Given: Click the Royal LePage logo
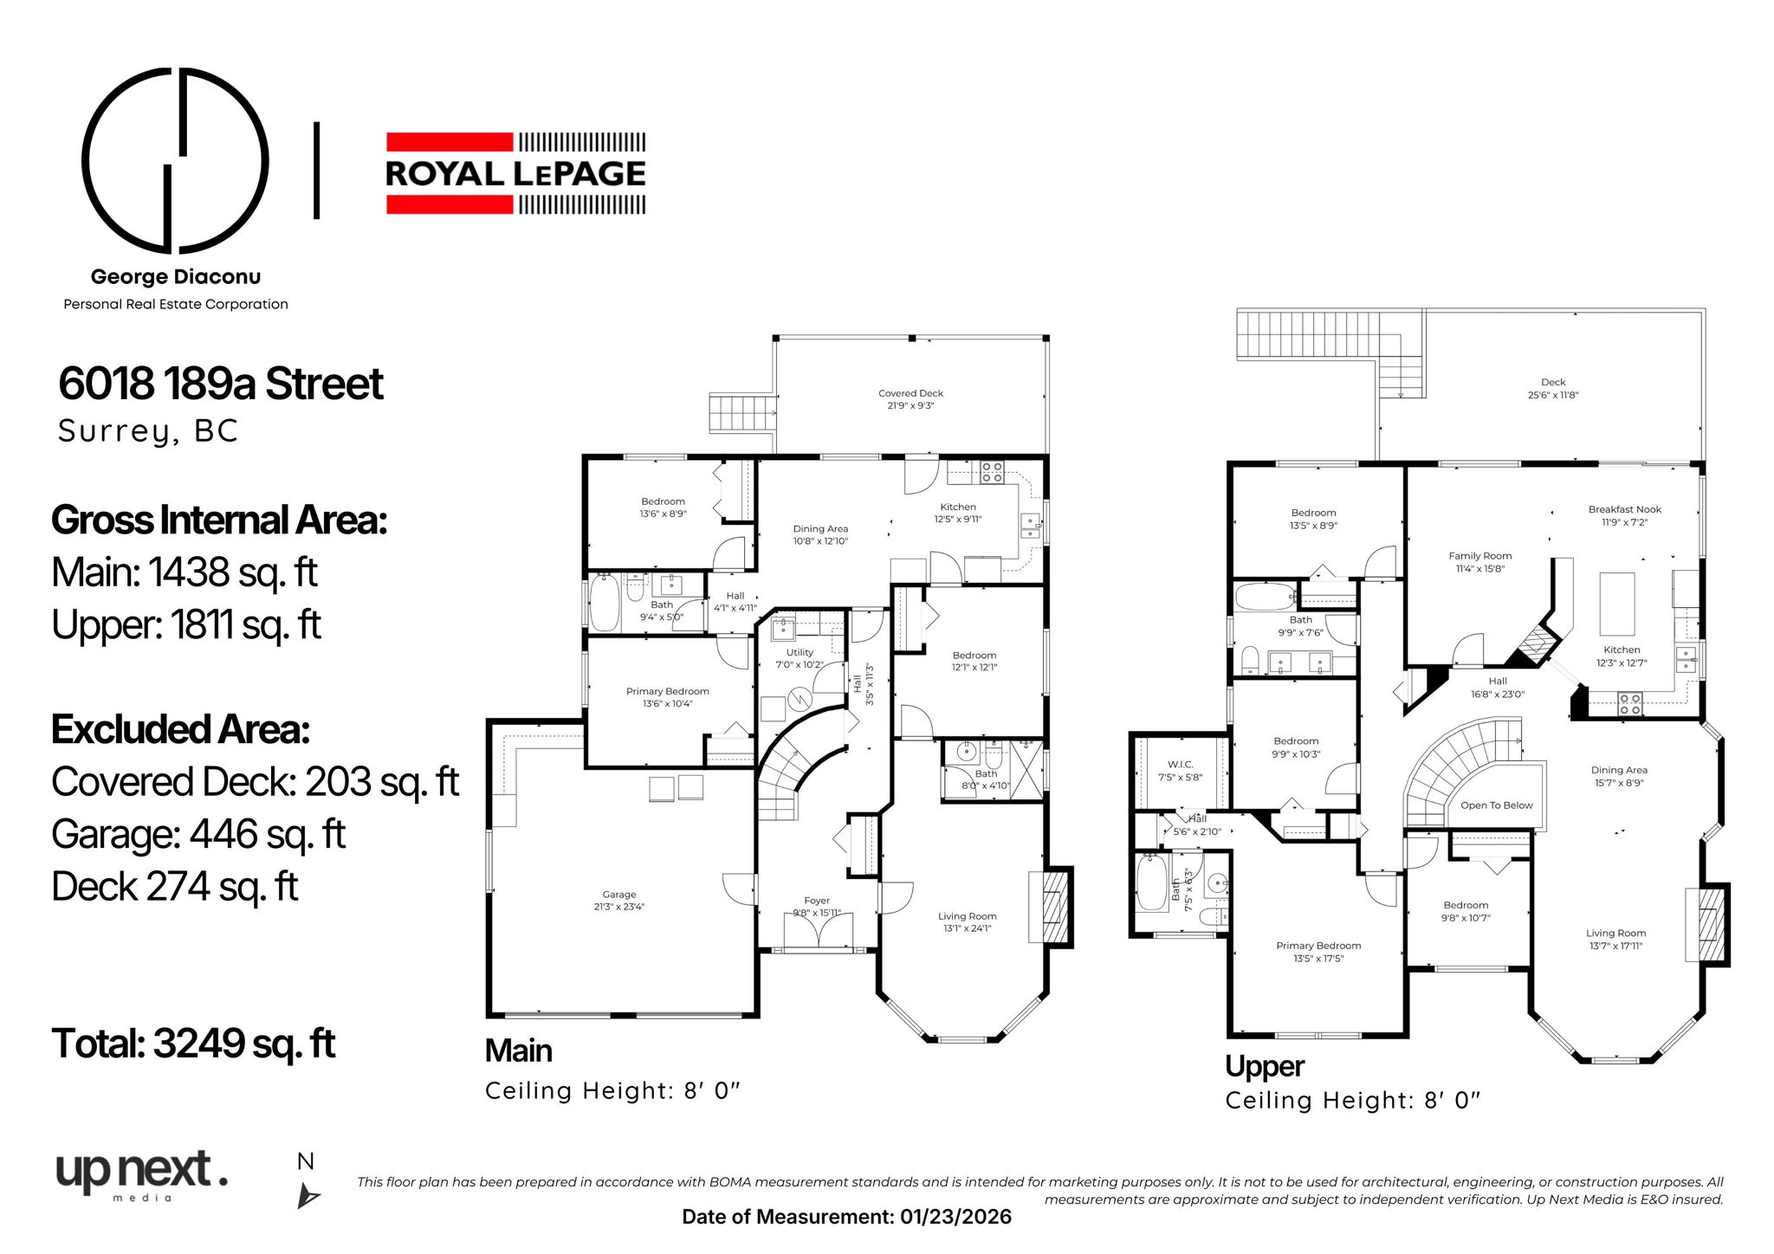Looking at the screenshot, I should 515,173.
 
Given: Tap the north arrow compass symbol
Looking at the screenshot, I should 308,1197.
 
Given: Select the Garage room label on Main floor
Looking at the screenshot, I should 619,901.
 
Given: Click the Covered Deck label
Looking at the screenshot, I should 910,399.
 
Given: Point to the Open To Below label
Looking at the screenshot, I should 1496,805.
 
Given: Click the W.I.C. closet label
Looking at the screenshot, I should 1180,771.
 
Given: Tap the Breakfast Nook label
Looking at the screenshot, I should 1624,515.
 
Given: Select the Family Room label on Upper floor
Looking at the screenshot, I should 1479,562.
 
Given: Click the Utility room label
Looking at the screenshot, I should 800,658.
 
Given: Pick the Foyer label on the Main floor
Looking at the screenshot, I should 816,906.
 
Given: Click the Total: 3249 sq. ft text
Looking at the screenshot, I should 193,1044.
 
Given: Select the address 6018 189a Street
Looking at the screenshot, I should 221,384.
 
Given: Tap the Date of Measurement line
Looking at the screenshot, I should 846,1217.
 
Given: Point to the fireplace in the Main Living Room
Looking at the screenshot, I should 1052,905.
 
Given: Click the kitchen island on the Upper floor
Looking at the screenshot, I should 1616,604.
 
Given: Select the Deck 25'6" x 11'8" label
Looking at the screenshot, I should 1553,388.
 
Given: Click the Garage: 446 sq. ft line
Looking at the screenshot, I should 198,834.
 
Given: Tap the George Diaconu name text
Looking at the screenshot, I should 176,277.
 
